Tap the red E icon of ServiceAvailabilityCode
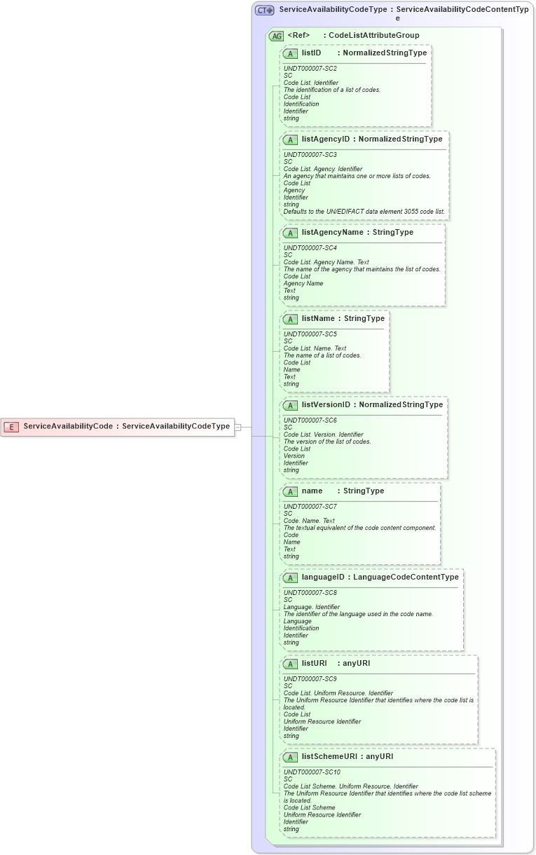pos(11,426)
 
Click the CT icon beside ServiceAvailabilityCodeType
pos(264,10)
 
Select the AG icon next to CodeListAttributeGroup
pos(276,36)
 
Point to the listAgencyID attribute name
pos(325,139)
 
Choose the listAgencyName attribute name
pos(332,232)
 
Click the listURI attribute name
pos(315,663)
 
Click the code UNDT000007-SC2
pos(310,69)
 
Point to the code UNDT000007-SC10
pos(312,772)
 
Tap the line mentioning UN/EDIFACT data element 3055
pos(364,211)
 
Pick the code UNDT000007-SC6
pos(310,420)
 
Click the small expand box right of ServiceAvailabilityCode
pos(238,426)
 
